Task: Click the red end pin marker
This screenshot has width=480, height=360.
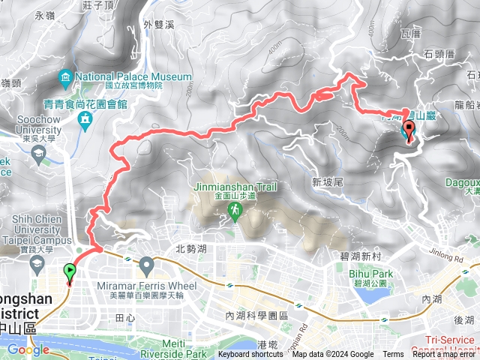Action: click(409, 131)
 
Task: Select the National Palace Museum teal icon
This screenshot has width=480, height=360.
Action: click(65, 77)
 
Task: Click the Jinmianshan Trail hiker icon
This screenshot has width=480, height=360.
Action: click(235, 214)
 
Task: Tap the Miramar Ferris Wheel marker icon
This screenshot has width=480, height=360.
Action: click(146, 263)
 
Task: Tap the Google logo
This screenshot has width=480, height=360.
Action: click(28, 349)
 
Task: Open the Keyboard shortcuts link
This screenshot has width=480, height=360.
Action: click(250, 355)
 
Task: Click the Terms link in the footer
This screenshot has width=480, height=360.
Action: click(393, 355)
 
